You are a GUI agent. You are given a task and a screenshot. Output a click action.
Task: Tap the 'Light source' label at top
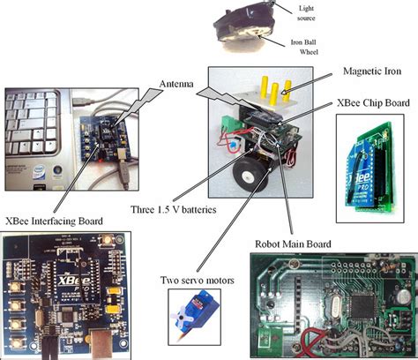[311, 10]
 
